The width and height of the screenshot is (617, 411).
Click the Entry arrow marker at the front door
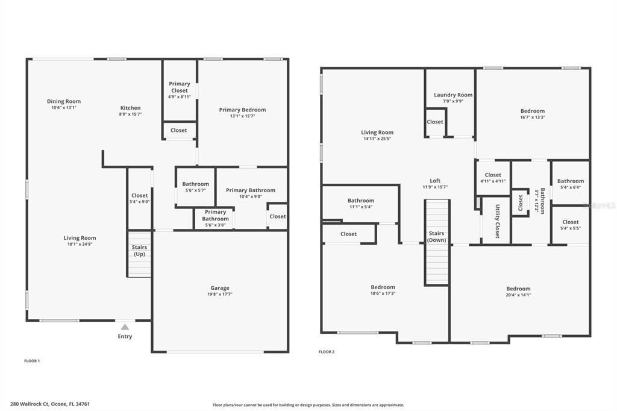click(x=125, y=326)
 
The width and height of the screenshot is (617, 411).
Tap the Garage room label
click(x=219, y=288)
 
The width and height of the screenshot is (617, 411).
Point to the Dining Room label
click(x=64, y=101)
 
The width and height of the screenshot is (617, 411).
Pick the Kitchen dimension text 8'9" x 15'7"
click(x=130, y=115)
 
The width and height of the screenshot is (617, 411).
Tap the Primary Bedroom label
click(x=242, y=110)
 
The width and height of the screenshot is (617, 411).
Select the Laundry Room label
click(x=453, y=95)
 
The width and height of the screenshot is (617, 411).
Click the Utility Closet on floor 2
click(x=497, y=221)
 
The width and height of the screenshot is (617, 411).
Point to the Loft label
click(x=435, y=181)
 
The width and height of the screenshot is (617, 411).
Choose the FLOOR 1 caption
click(x=32, y=360)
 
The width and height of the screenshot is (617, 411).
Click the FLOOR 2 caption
click(x=327, y=351)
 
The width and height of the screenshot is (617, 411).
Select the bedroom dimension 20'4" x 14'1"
click(x=518, y=295)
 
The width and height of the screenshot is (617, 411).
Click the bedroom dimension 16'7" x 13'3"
click(x=533, y=118)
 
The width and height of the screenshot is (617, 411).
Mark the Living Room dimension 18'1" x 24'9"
click(x=80, y=244)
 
